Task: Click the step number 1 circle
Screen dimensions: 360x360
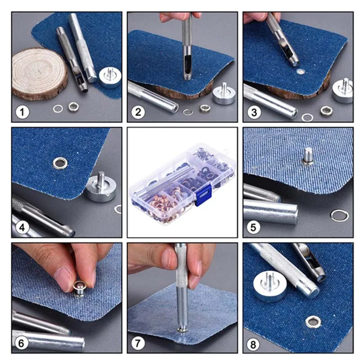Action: coord(22,112)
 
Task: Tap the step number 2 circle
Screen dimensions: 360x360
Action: coord(138,112)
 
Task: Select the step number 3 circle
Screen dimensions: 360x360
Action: coord(254,112)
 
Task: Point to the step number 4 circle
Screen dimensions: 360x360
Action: coord(22,228)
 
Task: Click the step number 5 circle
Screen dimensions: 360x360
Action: coord(253,227)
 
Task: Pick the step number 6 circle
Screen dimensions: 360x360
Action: coord(21,343)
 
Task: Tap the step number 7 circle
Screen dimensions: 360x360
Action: coord(138,343)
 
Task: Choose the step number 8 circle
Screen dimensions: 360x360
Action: coord(253,344)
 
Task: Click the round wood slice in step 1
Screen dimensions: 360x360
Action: coord(40,74)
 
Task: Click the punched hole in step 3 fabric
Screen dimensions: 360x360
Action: coord(300,72)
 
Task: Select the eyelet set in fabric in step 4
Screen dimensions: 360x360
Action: coord(60,163)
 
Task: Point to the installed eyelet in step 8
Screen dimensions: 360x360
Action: coord(313,321)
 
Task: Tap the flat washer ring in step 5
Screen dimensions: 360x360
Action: coord(340,216)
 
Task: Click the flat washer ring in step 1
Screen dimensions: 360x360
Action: coord(58,108)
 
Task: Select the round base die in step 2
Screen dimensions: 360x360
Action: coord(224,94)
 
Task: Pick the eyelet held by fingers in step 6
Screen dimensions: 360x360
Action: coord(79,289)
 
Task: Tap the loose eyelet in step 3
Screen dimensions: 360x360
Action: coord(326,110)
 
